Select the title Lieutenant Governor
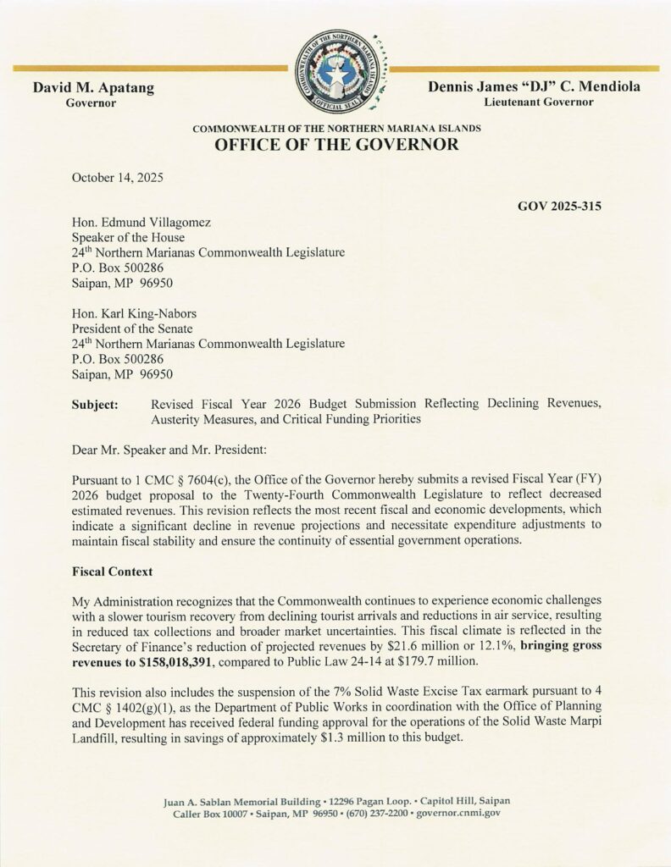point(539,102)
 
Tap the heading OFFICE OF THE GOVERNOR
point(336,144)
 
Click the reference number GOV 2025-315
point(559,206)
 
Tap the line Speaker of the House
point(127,238)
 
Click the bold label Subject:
point(95,404)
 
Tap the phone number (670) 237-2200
point(369,813)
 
